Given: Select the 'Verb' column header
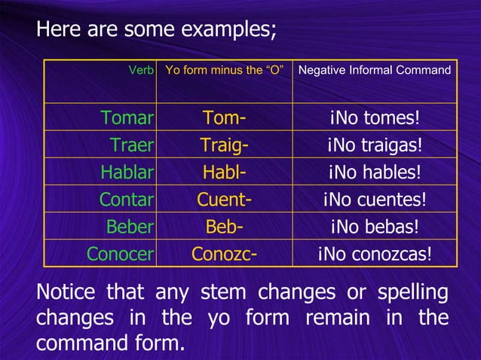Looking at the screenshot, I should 141,71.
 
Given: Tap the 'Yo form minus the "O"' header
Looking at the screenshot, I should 224,71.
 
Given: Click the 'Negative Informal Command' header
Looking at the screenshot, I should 375,71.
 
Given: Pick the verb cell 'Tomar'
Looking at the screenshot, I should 127,118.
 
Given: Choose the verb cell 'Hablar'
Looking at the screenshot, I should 127,172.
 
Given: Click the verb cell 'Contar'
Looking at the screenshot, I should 127,200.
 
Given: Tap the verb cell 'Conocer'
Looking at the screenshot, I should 121,254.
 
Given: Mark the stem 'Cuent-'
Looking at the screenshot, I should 224,200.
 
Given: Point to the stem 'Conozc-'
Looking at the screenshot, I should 224,254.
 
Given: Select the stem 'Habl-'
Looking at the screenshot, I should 224,172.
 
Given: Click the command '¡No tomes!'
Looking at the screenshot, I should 375,118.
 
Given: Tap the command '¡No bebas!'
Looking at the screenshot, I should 375,227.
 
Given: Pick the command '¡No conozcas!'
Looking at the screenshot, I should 375,254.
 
